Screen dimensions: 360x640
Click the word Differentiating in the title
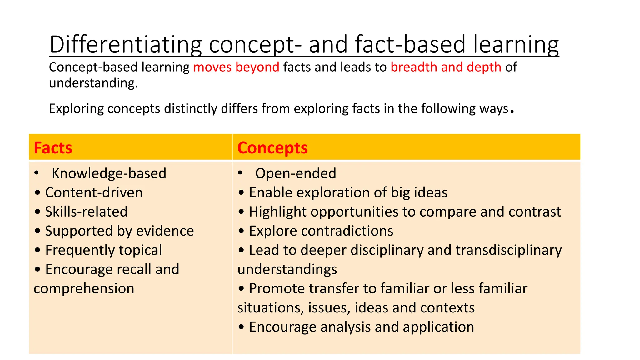tap(125, 44)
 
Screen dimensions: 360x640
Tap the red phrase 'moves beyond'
tap(236, 67)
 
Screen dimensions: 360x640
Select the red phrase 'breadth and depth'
tap(446, 67)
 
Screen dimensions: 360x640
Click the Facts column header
tap(53, 148)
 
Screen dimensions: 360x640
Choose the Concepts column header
tap(272, 148)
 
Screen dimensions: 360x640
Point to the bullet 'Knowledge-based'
tap(109, 173)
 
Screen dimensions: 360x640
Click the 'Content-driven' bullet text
tap(94, 192)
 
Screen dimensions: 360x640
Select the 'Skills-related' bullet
tap(86, 212)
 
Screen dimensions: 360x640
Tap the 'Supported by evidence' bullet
tap(119, 231)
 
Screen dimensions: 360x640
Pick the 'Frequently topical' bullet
tap(103, 250)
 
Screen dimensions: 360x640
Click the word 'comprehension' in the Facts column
tap(84, 289)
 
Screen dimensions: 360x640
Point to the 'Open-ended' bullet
tap(296, 173)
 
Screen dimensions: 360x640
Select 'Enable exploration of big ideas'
tap(348, 192)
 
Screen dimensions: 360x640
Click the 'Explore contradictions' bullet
tap(321, 231)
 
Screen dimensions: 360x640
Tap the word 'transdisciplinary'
tap(508, 250)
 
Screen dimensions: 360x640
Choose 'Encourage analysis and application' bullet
tap(361, 327)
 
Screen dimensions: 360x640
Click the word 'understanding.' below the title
tap(93, 83)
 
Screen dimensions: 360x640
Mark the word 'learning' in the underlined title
tap(516, 44)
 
